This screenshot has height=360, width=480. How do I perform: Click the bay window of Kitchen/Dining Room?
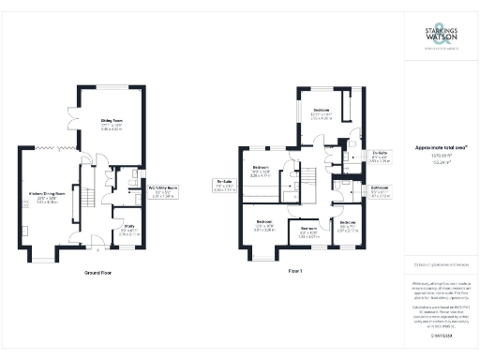[x=50, y=253]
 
